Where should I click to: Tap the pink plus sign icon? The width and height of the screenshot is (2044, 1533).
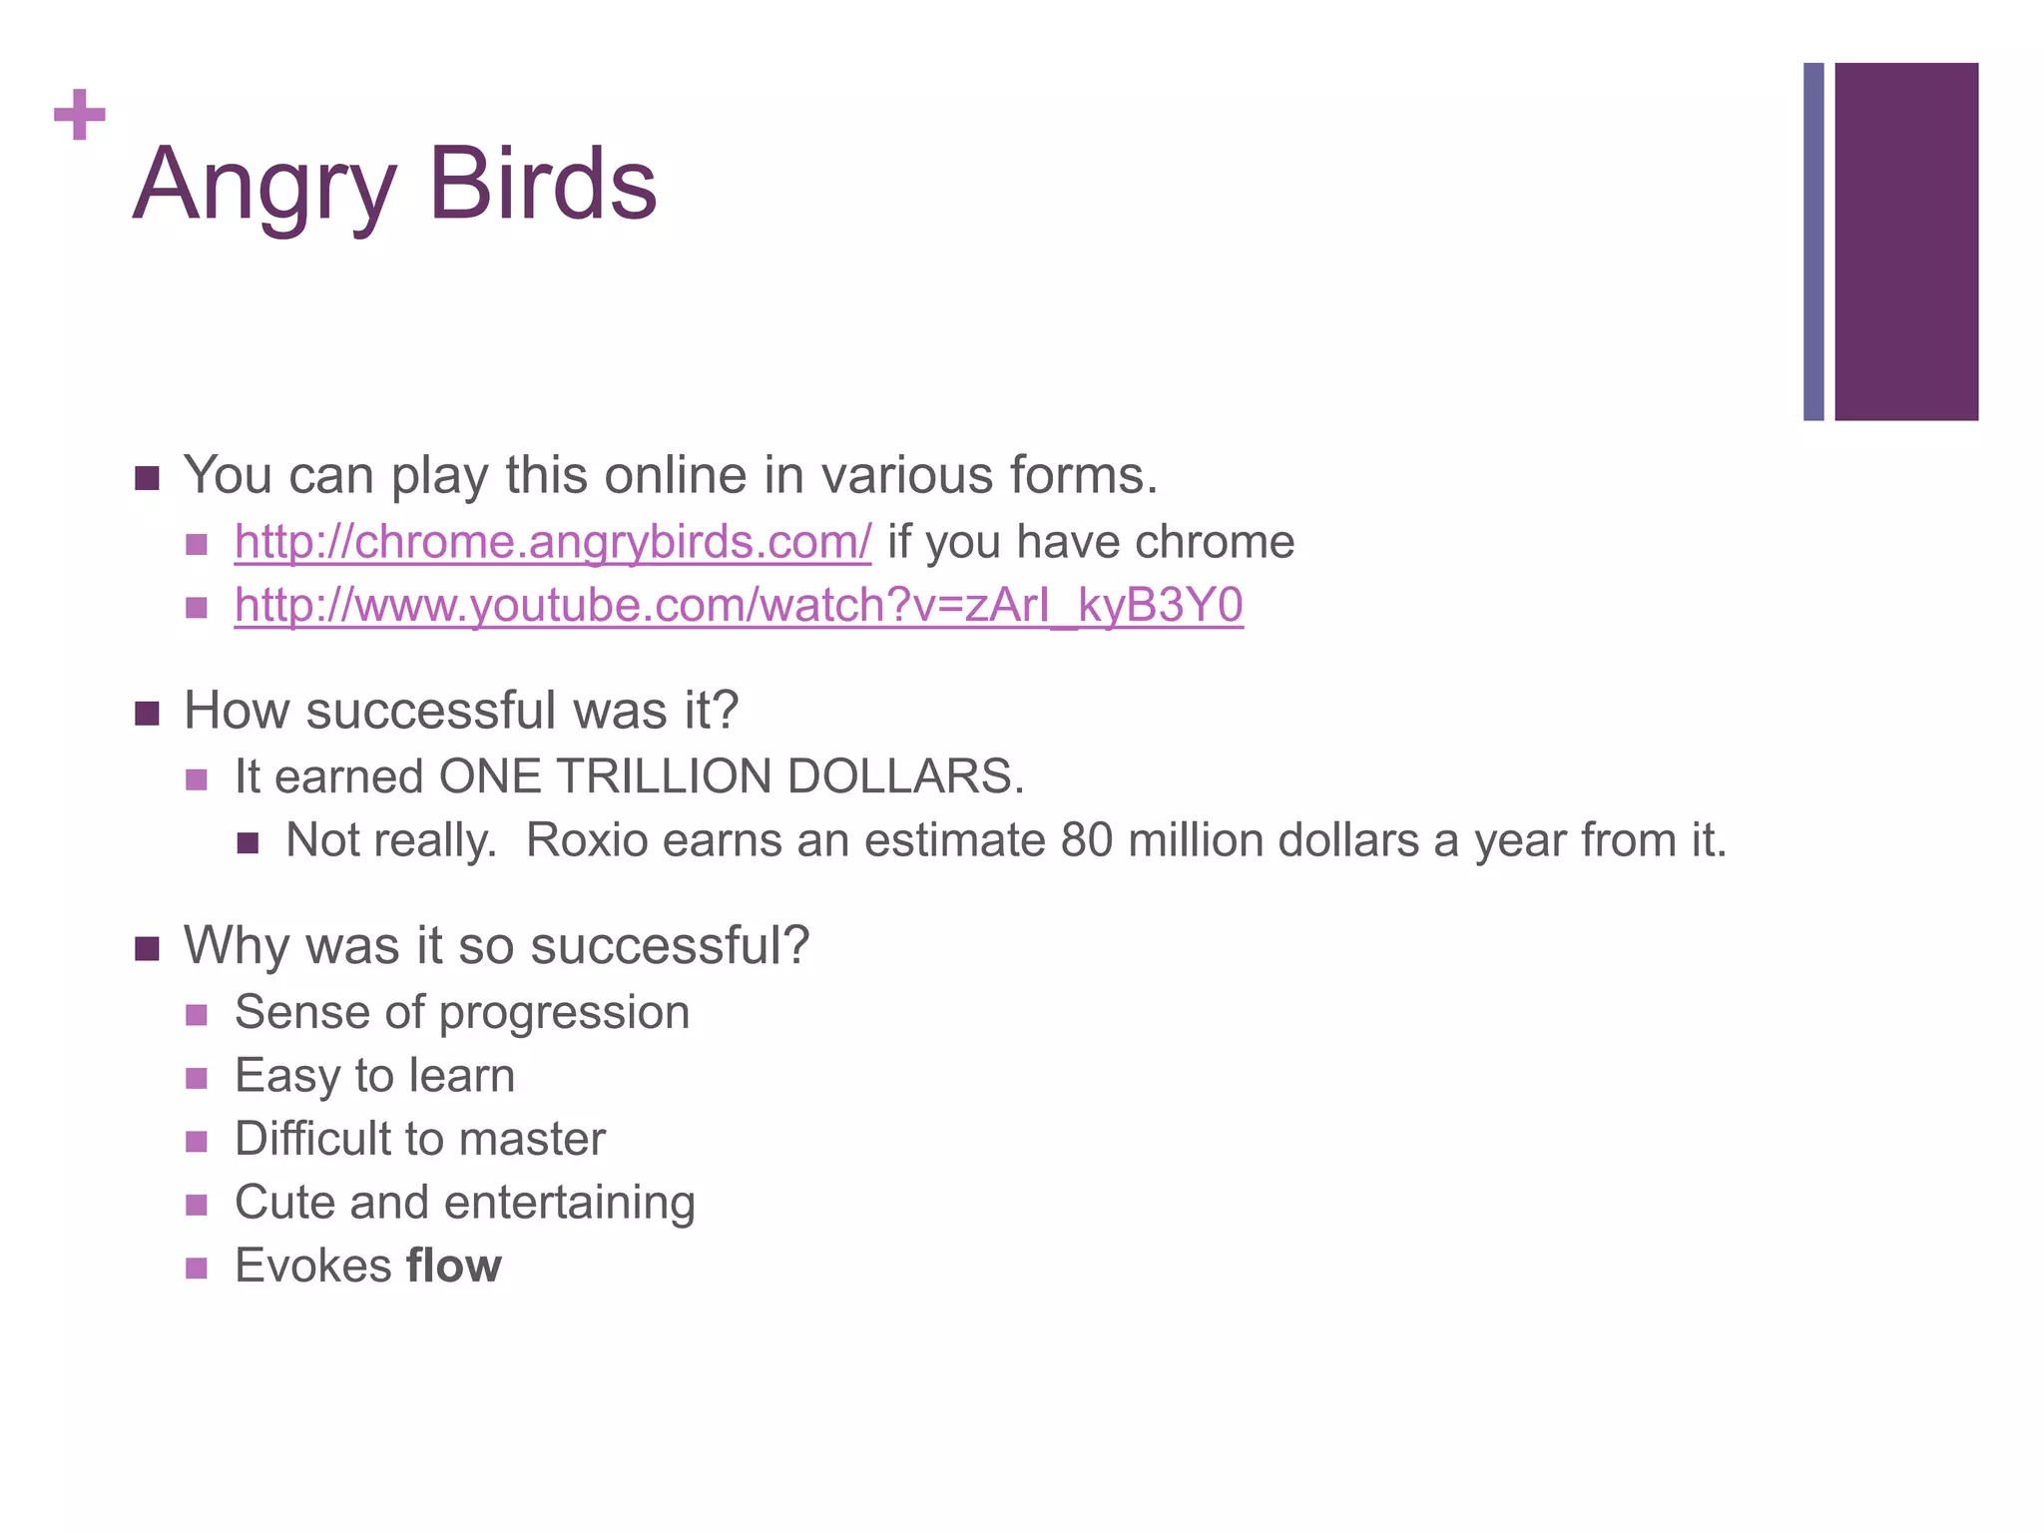80,115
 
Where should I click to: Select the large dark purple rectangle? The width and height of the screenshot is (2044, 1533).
1905,242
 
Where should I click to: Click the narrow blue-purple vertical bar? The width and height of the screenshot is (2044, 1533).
1813,242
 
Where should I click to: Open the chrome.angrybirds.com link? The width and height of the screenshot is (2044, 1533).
552,542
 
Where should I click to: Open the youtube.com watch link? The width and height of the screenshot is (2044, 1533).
739,606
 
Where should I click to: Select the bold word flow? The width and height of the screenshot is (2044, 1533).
454,1266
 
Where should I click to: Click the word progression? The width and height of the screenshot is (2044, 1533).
564,1013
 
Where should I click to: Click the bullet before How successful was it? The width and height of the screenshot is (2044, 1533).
148,714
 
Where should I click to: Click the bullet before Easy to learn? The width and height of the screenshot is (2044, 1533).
197,1078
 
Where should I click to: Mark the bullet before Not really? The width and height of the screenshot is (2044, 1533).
249,843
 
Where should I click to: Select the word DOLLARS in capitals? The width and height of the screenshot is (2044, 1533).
904,776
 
